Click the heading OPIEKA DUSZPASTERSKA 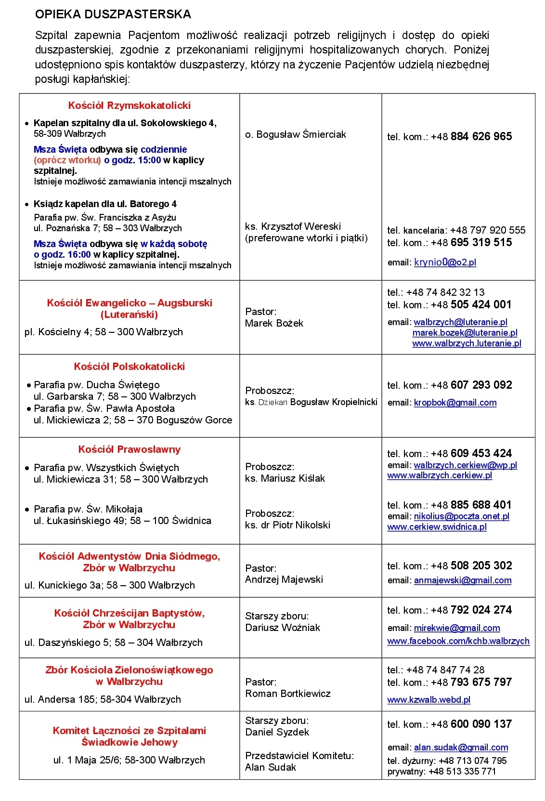[113, 14]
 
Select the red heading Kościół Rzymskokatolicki [129, 105]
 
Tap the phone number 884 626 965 [481, 136]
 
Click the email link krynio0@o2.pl [445, 263]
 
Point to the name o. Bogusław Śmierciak [296, 134]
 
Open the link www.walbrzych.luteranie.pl [467, 343]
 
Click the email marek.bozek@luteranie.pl [465, 333]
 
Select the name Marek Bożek [274, 323]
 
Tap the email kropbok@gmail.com [455, 403]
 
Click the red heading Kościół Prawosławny [129, 449]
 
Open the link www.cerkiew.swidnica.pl [437, 527]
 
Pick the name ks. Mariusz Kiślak [285, 478]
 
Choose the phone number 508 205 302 [481, 565]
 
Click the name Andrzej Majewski [284, 579]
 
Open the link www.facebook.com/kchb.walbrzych [458, 641]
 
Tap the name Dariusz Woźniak [283, 628]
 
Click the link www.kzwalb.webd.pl [428, 700]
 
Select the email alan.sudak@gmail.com [461, 748]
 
